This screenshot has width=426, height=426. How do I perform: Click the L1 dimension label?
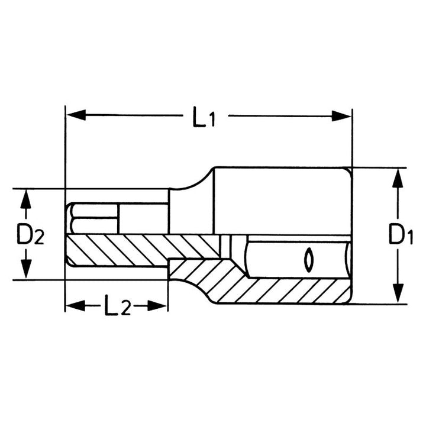click(203, 118)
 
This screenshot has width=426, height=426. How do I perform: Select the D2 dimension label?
click(30, 236)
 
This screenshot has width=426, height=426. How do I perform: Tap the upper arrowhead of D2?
click(25, 200)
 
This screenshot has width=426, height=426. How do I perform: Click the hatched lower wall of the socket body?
click(278, 290)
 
